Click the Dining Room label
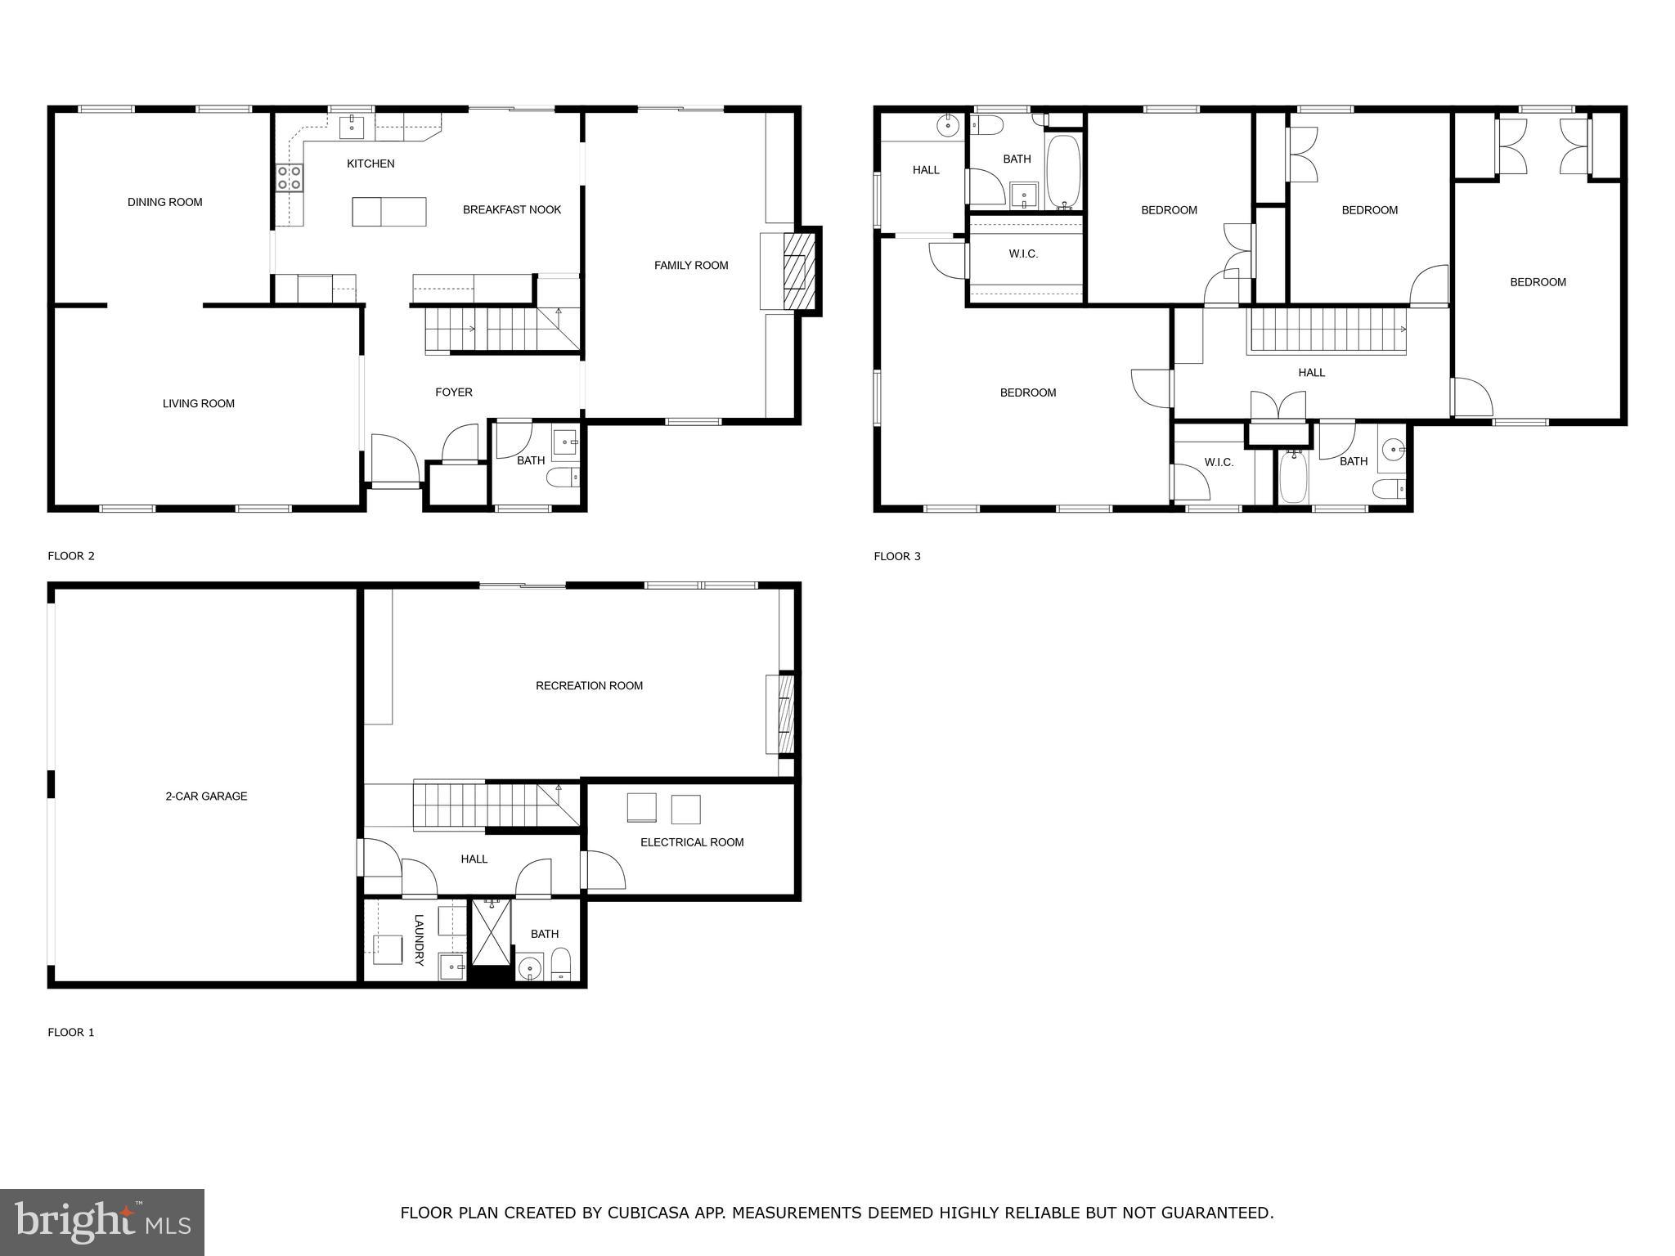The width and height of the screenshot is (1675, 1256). pos(164,202)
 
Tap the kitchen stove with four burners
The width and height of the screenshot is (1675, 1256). pos(289,178)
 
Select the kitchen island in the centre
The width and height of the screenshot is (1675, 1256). pos(389,212)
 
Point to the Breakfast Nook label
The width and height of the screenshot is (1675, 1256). pos(512,209)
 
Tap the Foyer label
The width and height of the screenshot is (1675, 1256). pos(453,392)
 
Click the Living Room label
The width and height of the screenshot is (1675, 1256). pos(198,403)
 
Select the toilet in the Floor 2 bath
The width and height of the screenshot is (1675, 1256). pos(563,477)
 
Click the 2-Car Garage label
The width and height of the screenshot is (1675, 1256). pos(206,796)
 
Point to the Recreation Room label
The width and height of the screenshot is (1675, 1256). pos(589,685)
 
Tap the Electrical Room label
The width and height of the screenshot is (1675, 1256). pos(692,842)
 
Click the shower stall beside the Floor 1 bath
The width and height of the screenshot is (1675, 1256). pos(492,932)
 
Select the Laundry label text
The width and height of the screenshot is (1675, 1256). pos(419,940)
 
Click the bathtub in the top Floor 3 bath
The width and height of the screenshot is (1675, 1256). pos(1063,173)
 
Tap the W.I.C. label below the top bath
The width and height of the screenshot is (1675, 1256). pos(1023,254)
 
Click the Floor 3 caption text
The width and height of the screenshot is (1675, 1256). pos(896,556)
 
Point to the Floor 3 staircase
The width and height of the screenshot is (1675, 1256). pos(1327,329)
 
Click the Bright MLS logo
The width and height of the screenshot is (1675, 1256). pos(102,1222)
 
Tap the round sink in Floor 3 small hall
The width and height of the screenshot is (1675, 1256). pos(948,125)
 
